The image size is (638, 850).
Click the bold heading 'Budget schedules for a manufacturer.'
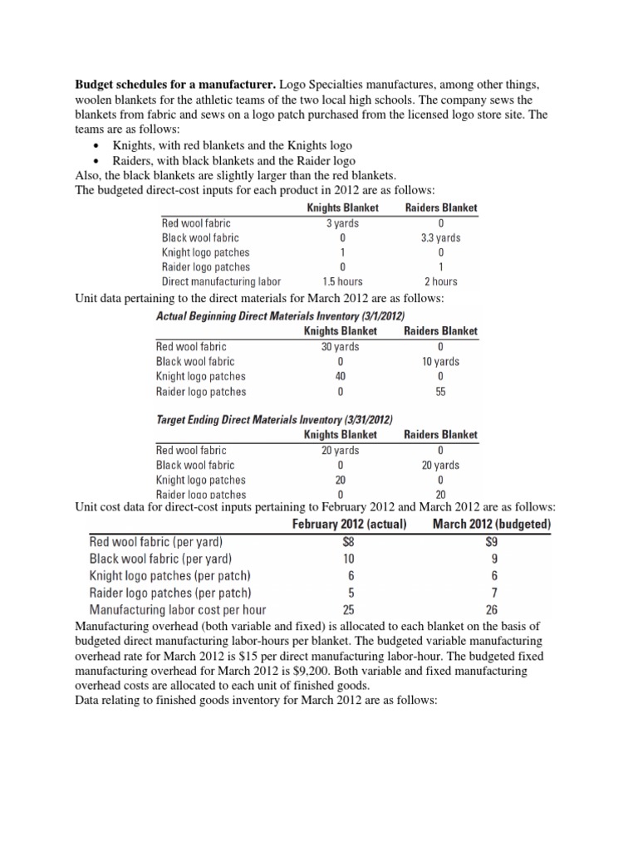[x=176, y=85]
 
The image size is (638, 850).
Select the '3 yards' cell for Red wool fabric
[x=342, y=222]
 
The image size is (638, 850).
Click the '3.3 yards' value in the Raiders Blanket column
[x=440, y=237]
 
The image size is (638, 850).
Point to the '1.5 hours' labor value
[x=342, y=281]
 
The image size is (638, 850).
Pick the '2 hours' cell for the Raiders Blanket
[x=440, y=281]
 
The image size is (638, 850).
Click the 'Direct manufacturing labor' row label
[x=221, y=281]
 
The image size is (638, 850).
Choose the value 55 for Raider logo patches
[x=440, y=391]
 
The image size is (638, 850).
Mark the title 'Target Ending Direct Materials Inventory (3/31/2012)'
[x=274, y=419]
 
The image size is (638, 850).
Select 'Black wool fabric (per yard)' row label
[x=160, y=558]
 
